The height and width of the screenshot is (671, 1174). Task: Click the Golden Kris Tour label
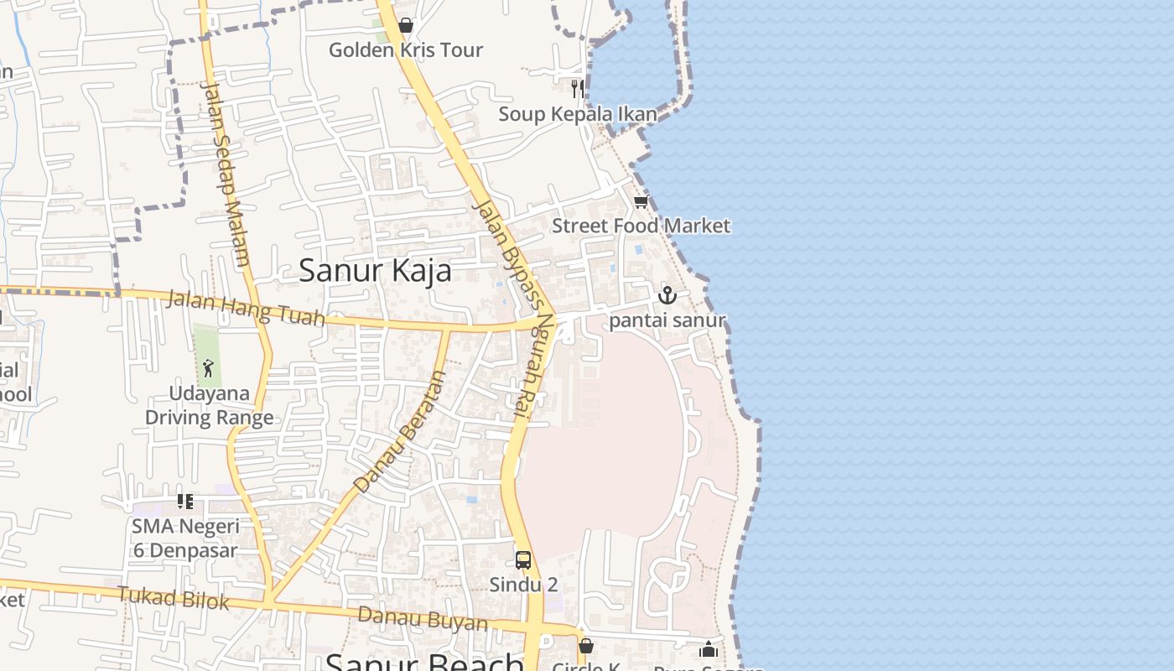click(406, 50)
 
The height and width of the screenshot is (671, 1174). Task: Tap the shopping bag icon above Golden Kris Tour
click(406, 26)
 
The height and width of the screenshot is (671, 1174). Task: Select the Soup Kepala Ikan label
click(578, 114)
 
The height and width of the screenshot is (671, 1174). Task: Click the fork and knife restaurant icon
click(577, 88)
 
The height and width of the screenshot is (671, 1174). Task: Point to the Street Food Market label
click(641, 226)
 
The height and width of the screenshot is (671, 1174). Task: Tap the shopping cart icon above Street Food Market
click(642, 202)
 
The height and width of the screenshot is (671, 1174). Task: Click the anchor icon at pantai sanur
click(667, 295)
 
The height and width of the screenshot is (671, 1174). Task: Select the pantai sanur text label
click(668, 320)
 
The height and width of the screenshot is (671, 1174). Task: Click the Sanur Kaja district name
click(375, 270)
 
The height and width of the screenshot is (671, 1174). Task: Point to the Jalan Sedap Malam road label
click(226, 173)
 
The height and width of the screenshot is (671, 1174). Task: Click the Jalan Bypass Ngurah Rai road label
click(514, 310)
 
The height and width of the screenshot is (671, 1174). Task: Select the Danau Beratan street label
click(399, 433)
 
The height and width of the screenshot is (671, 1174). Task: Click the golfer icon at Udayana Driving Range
click(208, 367)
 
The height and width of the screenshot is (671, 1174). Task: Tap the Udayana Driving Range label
click(210, 405)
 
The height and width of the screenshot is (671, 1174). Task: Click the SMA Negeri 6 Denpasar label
click(185, 538)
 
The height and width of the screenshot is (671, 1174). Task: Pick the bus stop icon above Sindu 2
click(523, 559)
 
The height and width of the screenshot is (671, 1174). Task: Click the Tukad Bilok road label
click(174, 598)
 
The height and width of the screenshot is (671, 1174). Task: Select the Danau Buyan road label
click(423, 619)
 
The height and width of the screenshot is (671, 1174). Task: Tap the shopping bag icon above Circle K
click(586, 646)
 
